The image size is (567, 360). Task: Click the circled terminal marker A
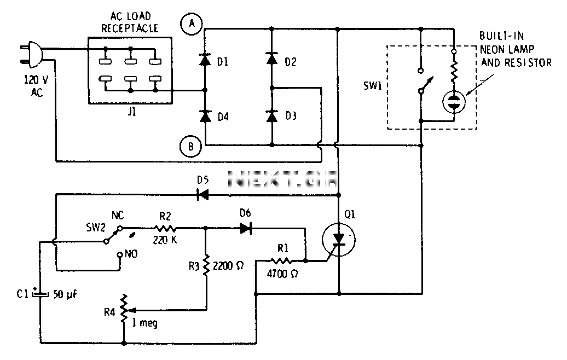pos(192,25)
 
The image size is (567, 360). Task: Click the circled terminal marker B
pos(190,147)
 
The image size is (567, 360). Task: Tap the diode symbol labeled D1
pos(205,60)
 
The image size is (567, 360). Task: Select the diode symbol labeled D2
pos(271,58)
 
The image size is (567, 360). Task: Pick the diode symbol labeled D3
pos(271,117)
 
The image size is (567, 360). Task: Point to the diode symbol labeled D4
pos(205,117)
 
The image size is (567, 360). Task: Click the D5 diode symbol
pos(202,195)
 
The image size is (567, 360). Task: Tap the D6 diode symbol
pos(246,229)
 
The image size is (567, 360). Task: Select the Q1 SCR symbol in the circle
pos(338,240)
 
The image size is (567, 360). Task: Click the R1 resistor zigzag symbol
pos(281,260)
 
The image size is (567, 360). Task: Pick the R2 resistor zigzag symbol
pos(165,229)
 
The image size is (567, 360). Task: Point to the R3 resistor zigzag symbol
pos(206,266)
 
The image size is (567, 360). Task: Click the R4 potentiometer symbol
pos(124,309)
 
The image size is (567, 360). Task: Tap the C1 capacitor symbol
pos(40,294)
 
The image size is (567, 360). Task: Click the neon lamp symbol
pos(454,102)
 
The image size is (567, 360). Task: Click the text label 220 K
pos(165,240)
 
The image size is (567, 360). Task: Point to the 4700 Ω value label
pos(282,274)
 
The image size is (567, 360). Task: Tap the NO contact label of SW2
pos(131,254)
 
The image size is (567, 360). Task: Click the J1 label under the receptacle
pos(131,112)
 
